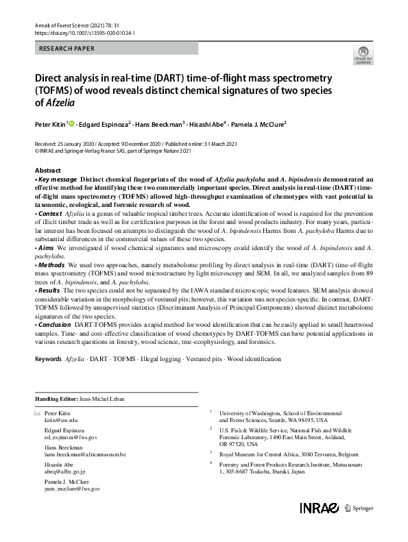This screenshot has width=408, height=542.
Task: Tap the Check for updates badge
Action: [x=363, y=56]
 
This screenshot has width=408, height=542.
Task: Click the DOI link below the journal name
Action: [x=84, y=32]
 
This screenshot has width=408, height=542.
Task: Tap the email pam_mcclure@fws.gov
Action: [x=72, y=489]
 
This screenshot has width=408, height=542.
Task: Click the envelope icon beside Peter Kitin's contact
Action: [x=37, y=414]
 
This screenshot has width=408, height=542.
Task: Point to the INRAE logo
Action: [x=319, y=508]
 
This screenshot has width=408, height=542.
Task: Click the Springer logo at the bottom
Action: [x=361, y=508]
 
